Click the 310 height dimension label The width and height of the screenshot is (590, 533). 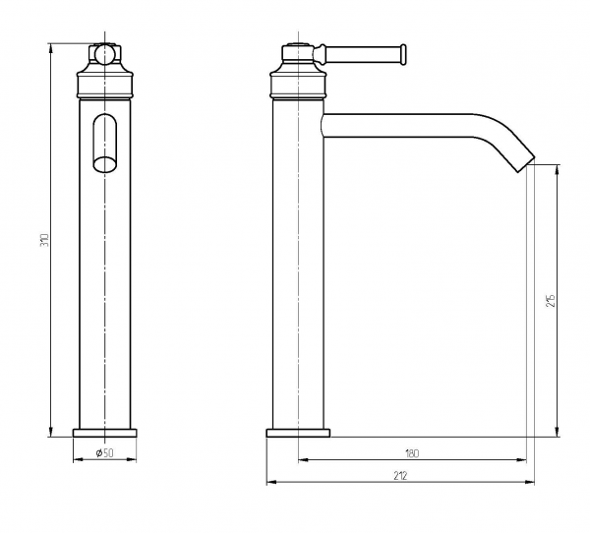45,240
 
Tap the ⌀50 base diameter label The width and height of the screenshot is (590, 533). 104,452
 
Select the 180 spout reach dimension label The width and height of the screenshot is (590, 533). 412,453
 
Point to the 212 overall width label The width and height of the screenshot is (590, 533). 400,476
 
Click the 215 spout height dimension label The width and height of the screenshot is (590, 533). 551,300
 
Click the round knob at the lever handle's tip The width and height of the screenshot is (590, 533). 403,55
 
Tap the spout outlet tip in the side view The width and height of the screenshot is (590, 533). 525,164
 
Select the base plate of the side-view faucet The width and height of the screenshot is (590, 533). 298,433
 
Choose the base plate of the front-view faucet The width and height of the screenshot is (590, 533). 104,433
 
